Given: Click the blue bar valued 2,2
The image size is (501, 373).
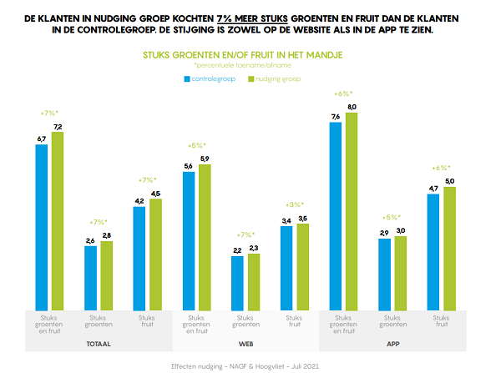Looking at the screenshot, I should [237, 282].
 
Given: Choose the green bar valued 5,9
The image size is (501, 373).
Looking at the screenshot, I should [205, 236].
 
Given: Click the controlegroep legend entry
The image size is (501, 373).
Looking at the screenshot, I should [210, 78].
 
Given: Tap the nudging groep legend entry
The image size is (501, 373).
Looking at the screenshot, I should [275, 78].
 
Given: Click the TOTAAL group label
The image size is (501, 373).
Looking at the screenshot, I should [98, 343].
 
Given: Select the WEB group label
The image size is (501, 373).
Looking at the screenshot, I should [245, 343].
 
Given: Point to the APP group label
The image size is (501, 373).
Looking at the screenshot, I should [392, 343].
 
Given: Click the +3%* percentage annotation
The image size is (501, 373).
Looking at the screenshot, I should [295, 204].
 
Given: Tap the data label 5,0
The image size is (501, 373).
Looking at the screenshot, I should [450, 181].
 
